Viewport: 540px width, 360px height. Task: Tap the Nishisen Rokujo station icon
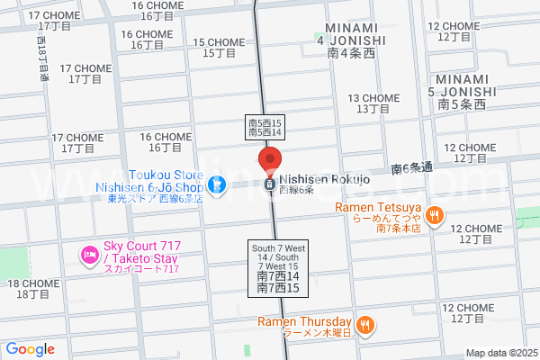pyautogui.click(x=269, y=184)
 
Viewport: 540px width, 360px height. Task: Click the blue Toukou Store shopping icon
pyautogui.click(x=215, y=185)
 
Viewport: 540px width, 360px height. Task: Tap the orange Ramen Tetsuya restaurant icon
pyautogui.click(x=435, y=214)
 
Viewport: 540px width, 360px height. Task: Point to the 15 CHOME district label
pyautogui.click(x=219, y=48)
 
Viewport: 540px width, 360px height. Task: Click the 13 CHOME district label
pyautogui.click(x=373, y=103)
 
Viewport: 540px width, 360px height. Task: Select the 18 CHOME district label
pyautogui.click(x=33, y=289)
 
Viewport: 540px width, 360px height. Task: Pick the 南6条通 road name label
pyautogui.click(x=412, y=168)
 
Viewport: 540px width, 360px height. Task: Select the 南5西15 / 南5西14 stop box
pyautogui.click(x=265, y=127)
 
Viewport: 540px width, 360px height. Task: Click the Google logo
pyautogui.click(x=30, y=348)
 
